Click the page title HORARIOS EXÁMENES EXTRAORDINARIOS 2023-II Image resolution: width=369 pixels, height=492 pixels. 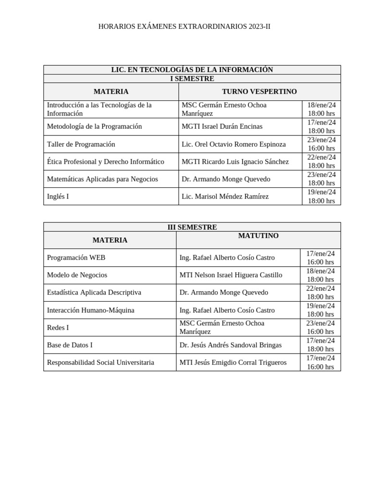click(x=184, y=26)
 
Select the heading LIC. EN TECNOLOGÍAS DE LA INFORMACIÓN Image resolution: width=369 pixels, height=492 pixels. click(x=192, y=70)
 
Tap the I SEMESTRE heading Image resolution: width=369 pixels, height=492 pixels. click(x=192, y=79)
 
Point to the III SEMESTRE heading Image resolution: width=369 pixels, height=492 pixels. click(x=192, y=227)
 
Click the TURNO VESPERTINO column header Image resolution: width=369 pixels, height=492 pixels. click(x=259, y=91)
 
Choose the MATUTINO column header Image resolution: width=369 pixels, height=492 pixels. click(x=258, y=236)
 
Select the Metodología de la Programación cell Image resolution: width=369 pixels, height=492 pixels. click(x=94, y=126)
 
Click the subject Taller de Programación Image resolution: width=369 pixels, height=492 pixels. click(x=81, y=144)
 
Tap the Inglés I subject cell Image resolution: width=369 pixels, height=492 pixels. click(x=58, y=197)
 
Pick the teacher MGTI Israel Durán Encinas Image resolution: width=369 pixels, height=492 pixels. click(x=222, y=126)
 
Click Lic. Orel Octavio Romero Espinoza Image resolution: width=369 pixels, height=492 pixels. click(x=234, y=144)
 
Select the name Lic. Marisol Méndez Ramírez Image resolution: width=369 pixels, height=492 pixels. click(x=225, y=197)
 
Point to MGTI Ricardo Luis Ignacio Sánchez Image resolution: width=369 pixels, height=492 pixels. click(x=235, y=161)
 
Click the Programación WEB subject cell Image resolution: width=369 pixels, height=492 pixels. click(x=76, y=258)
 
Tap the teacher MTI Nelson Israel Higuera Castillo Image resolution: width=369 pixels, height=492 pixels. click(x=231, y=275)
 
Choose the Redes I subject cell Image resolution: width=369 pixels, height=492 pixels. click(x=58, y=328)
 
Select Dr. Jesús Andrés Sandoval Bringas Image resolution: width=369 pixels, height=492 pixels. click(x=230, y=345)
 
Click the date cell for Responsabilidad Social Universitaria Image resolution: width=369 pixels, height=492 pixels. click(x=320, y=362)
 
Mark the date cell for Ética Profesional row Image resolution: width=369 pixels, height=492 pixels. click(x=321, y=161)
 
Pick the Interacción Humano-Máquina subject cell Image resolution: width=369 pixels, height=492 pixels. click(x=90, y=310)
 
